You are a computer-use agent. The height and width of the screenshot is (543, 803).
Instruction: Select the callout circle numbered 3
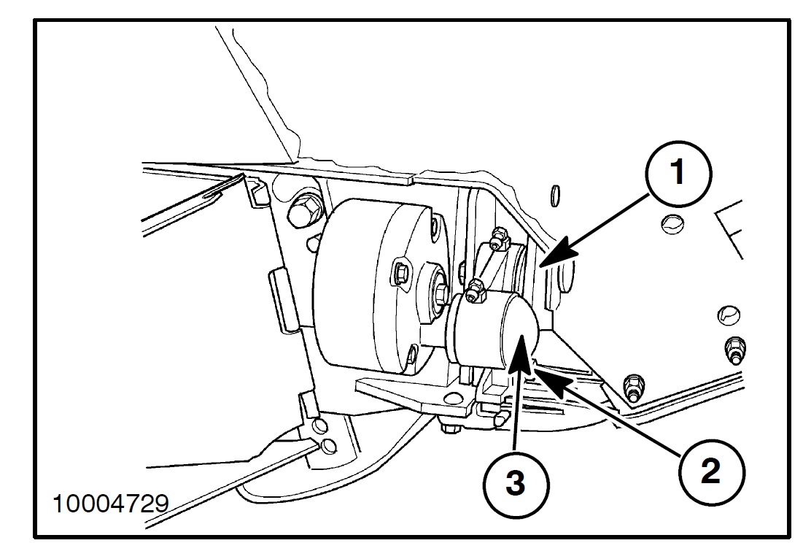tap(514, 482)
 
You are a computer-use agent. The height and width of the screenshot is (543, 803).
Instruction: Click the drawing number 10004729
tap(110, 504)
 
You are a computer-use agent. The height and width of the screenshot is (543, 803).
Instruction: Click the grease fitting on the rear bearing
tap(498, 235)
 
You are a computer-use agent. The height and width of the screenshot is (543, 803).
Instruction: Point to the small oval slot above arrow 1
tap(556, 193)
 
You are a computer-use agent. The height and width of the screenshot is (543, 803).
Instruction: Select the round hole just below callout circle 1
tap(670, 223)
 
